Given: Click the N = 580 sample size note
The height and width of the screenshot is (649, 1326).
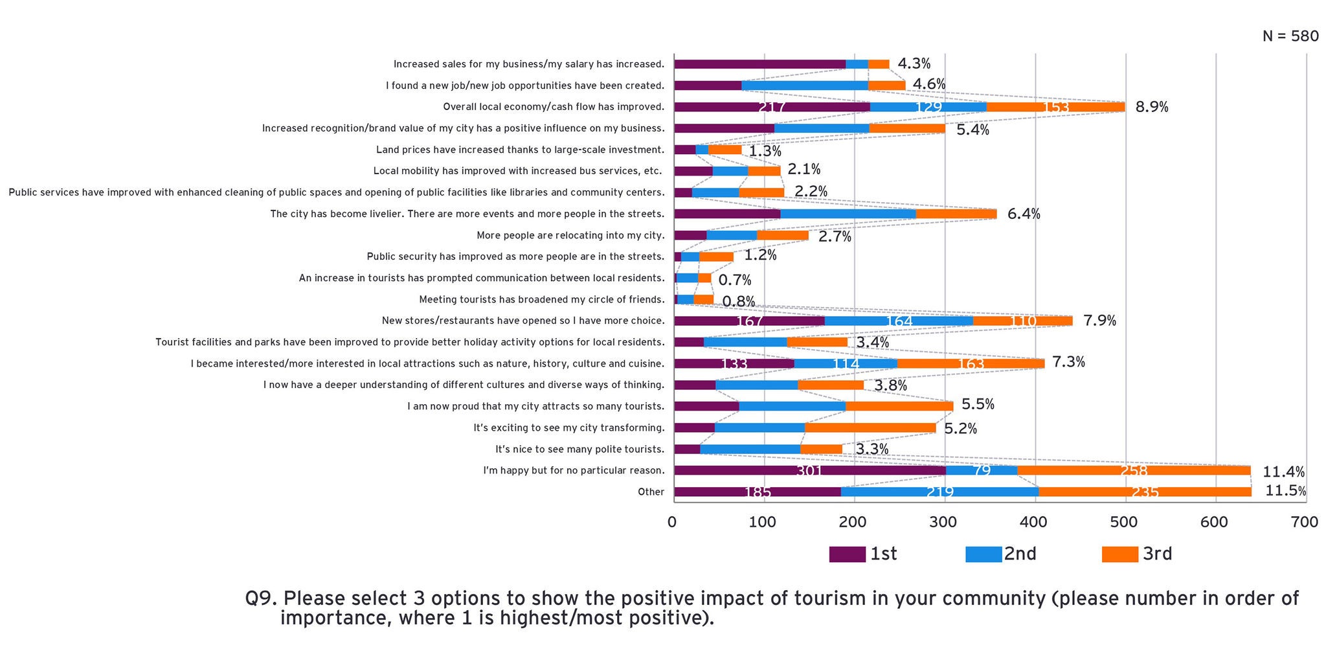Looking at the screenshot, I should (x=1290, y=36).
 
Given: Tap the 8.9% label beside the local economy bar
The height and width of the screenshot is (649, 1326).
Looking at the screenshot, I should (x=1151, y=107).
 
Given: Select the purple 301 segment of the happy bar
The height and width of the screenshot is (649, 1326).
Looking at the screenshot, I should (x=809, y=471).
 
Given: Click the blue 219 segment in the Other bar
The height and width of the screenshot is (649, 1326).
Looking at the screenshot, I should (x=939, y=492).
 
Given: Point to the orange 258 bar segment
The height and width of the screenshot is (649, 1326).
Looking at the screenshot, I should (x=1134, y=471).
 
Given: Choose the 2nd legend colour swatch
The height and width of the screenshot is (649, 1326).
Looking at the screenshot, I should (x=983, y=554).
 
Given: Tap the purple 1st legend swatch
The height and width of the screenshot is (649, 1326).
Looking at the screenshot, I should (x=847, y=554).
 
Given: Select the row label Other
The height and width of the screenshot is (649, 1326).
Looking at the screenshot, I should (x=651, y=492).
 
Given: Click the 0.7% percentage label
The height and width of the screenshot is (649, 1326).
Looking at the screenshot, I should (x=735, y=280).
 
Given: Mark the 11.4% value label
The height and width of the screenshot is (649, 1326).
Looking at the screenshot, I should (x=1283, y=472).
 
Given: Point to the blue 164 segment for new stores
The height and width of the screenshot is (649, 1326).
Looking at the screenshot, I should (x=899, y=321).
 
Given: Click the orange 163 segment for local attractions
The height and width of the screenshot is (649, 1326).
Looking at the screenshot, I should (x=971, y=364).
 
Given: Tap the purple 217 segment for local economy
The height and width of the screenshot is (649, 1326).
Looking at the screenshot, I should (x=772, y=107).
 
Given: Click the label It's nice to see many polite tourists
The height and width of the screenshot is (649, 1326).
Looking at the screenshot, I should (x=579, y=450).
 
